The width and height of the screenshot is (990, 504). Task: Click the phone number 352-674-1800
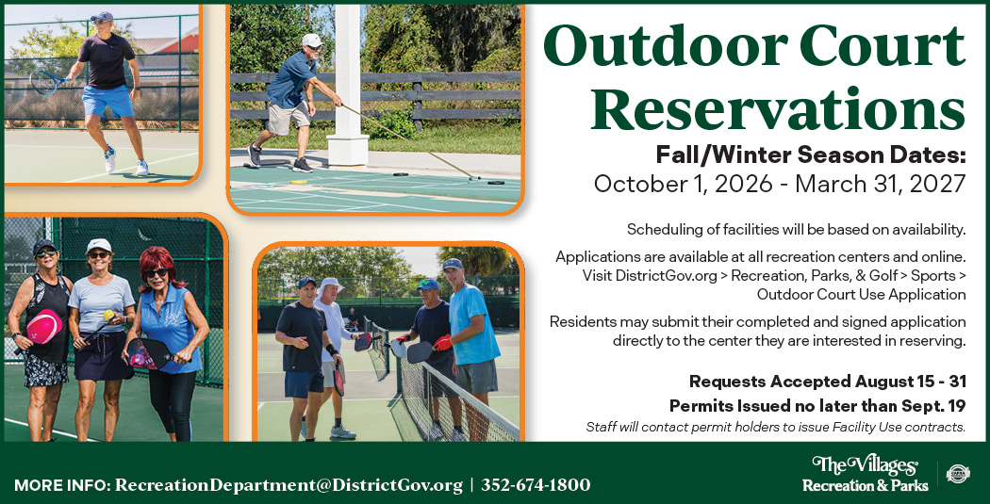[536, 485]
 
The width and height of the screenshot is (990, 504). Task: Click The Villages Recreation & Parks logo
[865, 474]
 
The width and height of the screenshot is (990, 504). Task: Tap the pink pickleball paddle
[44, 326]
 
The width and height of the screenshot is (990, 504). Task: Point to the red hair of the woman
[160, 264]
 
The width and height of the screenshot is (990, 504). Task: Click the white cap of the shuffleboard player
[311, 40]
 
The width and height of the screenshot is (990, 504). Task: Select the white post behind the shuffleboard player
[348, 85]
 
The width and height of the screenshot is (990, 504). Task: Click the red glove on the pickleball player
[442, 343]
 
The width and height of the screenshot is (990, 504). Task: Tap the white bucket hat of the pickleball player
[330, 285]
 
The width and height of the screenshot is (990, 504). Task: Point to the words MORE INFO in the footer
[62, 486]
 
